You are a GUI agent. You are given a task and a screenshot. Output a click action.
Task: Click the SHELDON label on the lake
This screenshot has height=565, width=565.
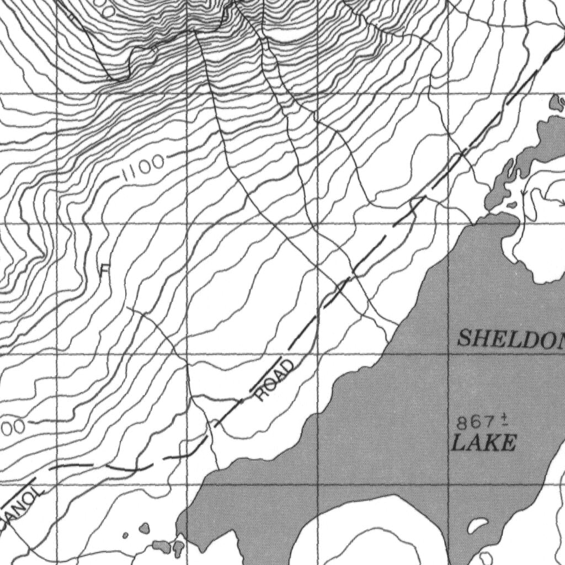pos(510,338)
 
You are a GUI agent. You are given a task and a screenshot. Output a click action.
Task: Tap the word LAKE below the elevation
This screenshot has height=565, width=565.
pos(484,443)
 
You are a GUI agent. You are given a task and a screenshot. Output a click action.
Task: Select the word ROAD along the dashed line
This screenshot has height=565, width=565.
pos(274,380)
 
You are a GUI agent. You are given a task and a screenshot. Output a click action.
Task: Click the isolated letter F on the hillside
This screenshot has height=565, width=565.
pos(105,270)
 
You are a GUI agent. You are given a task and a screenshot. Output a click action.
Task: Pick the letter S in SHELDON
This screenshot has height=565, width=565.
pos(465,338)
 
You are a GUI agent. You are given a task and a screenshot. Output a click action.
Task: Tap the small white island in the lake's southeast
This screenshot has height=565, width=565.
pos(473,527)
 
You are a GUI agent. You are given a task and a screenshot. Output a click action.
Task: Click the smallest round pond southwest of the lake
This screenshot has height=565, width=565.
pos(126,535)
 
